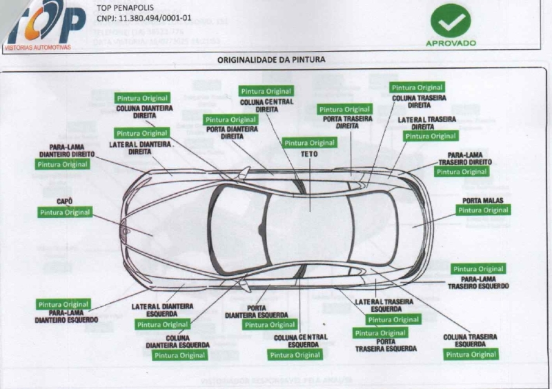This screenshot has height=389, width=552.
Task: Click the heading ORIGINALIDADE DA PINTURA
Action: point(271,60)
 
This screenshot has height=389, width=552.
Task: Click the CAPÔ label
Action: point(65,201)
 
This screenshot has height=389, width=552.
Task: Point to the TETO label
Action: point(309,154)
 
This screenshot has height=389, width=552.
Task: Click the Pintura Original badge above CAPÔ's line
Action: point(65,212)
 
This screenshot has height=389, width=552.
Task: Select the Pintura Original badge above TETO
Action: point(309,143)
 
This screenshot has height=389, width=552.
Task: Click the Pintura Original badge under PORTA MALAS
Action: point(483,210)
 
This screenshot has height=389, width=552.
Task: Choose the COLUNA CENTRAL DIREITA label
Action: point(266,105)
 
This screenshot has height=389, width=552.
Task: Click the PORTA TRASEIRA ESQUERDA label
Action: point(386,345)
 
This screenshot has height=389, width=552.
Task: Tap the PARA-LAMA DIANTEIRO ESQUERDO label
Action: point(68,317)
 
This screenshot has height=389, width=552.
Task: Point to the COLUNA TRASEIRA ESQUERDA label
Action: point(471,341)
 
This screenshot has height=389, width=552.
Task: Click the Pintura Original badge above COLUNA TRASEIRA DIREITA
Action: point(417,88)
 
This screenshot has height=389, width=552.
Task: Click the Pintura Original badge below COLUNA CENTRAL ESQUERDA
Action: point(295,355)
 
